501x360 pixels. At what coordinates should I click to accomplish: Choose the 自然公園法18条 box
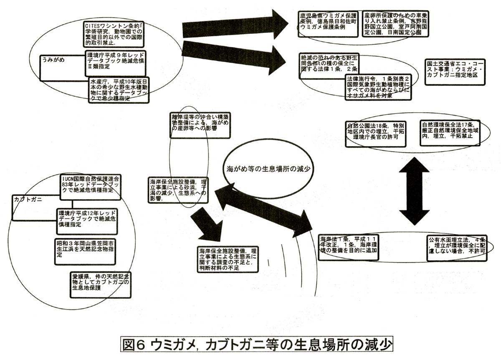click(x=375, y=133)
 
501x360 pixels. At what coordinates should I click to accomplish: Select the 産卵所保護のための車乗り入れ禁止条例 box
click(x=395, y=25)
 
